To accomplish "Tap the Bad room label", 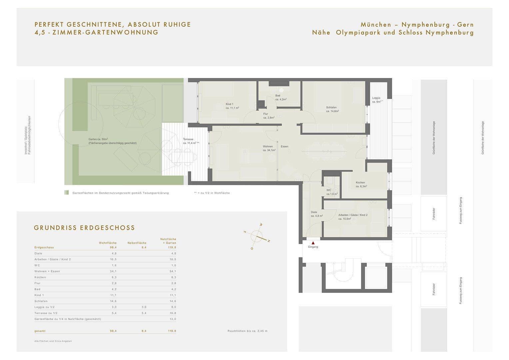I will (277, 96).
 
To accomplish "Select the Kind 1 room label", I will (230, 104).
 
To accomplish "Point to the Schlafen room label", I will (331, 107).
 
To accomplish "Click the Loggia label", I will (376, 98).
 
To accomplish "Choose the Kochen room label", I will (360, 183).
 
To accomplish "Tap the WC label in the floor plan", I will (329, 190).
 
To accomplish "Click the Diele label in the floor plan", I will (314, 212).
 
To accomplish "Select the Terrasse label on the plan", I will (188, 139).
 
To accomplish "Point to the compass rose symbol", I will (257, 236).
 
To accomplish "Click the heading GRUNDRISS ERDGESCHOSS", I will (84, 228).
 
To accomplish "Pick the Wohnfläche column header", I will (108, 243).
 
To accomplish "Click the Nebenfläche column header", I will (137, 243).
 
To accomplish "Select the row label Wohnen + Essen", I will (47, 271).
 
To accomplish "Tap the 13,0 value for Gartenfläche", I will (173, 319).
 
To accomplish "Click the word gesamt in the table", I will (40, 331).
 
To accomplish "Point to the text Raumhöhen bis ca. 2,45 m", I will (248, 331).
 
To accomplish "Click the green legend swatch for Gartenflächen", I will (67, 193).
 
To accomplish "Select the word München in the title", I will (376, 25).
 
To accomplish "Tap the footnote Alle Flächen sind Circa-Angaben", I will (53, 341).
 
